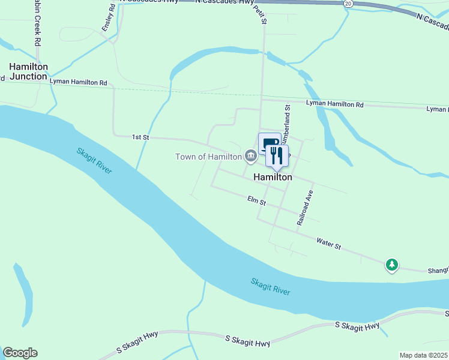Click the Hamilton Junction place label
coord(28,71)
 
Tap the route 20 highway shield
coord(348,4)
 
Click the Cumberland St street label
coord(287,123)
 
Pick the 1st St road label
coord(140,137)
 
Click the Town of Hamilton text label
coord(208,157)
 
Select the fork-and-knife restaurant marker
coord(277,156)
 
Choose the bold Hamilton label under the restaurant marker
coord(273,178)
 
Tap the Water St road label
coord(328,245)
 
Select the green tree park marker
coord(392,264)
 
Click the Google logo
coord(20,353)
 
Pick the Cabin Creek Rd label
coord(36,24)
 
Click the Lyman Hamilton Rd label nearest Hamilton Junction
coord(78,82)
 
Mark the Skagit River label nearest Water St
coord(271,286)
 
